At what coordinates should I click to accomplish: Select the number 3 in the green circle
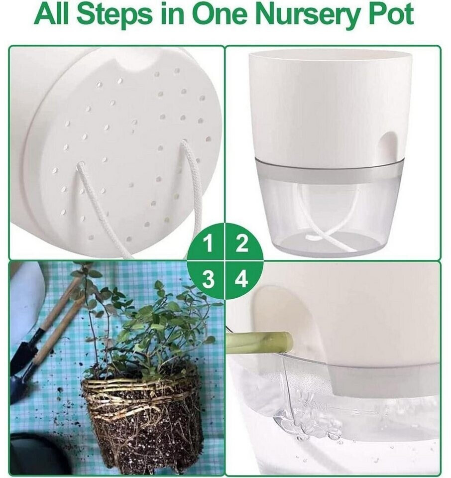208,279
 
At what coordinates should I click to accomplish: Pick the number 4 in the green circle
242,279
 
